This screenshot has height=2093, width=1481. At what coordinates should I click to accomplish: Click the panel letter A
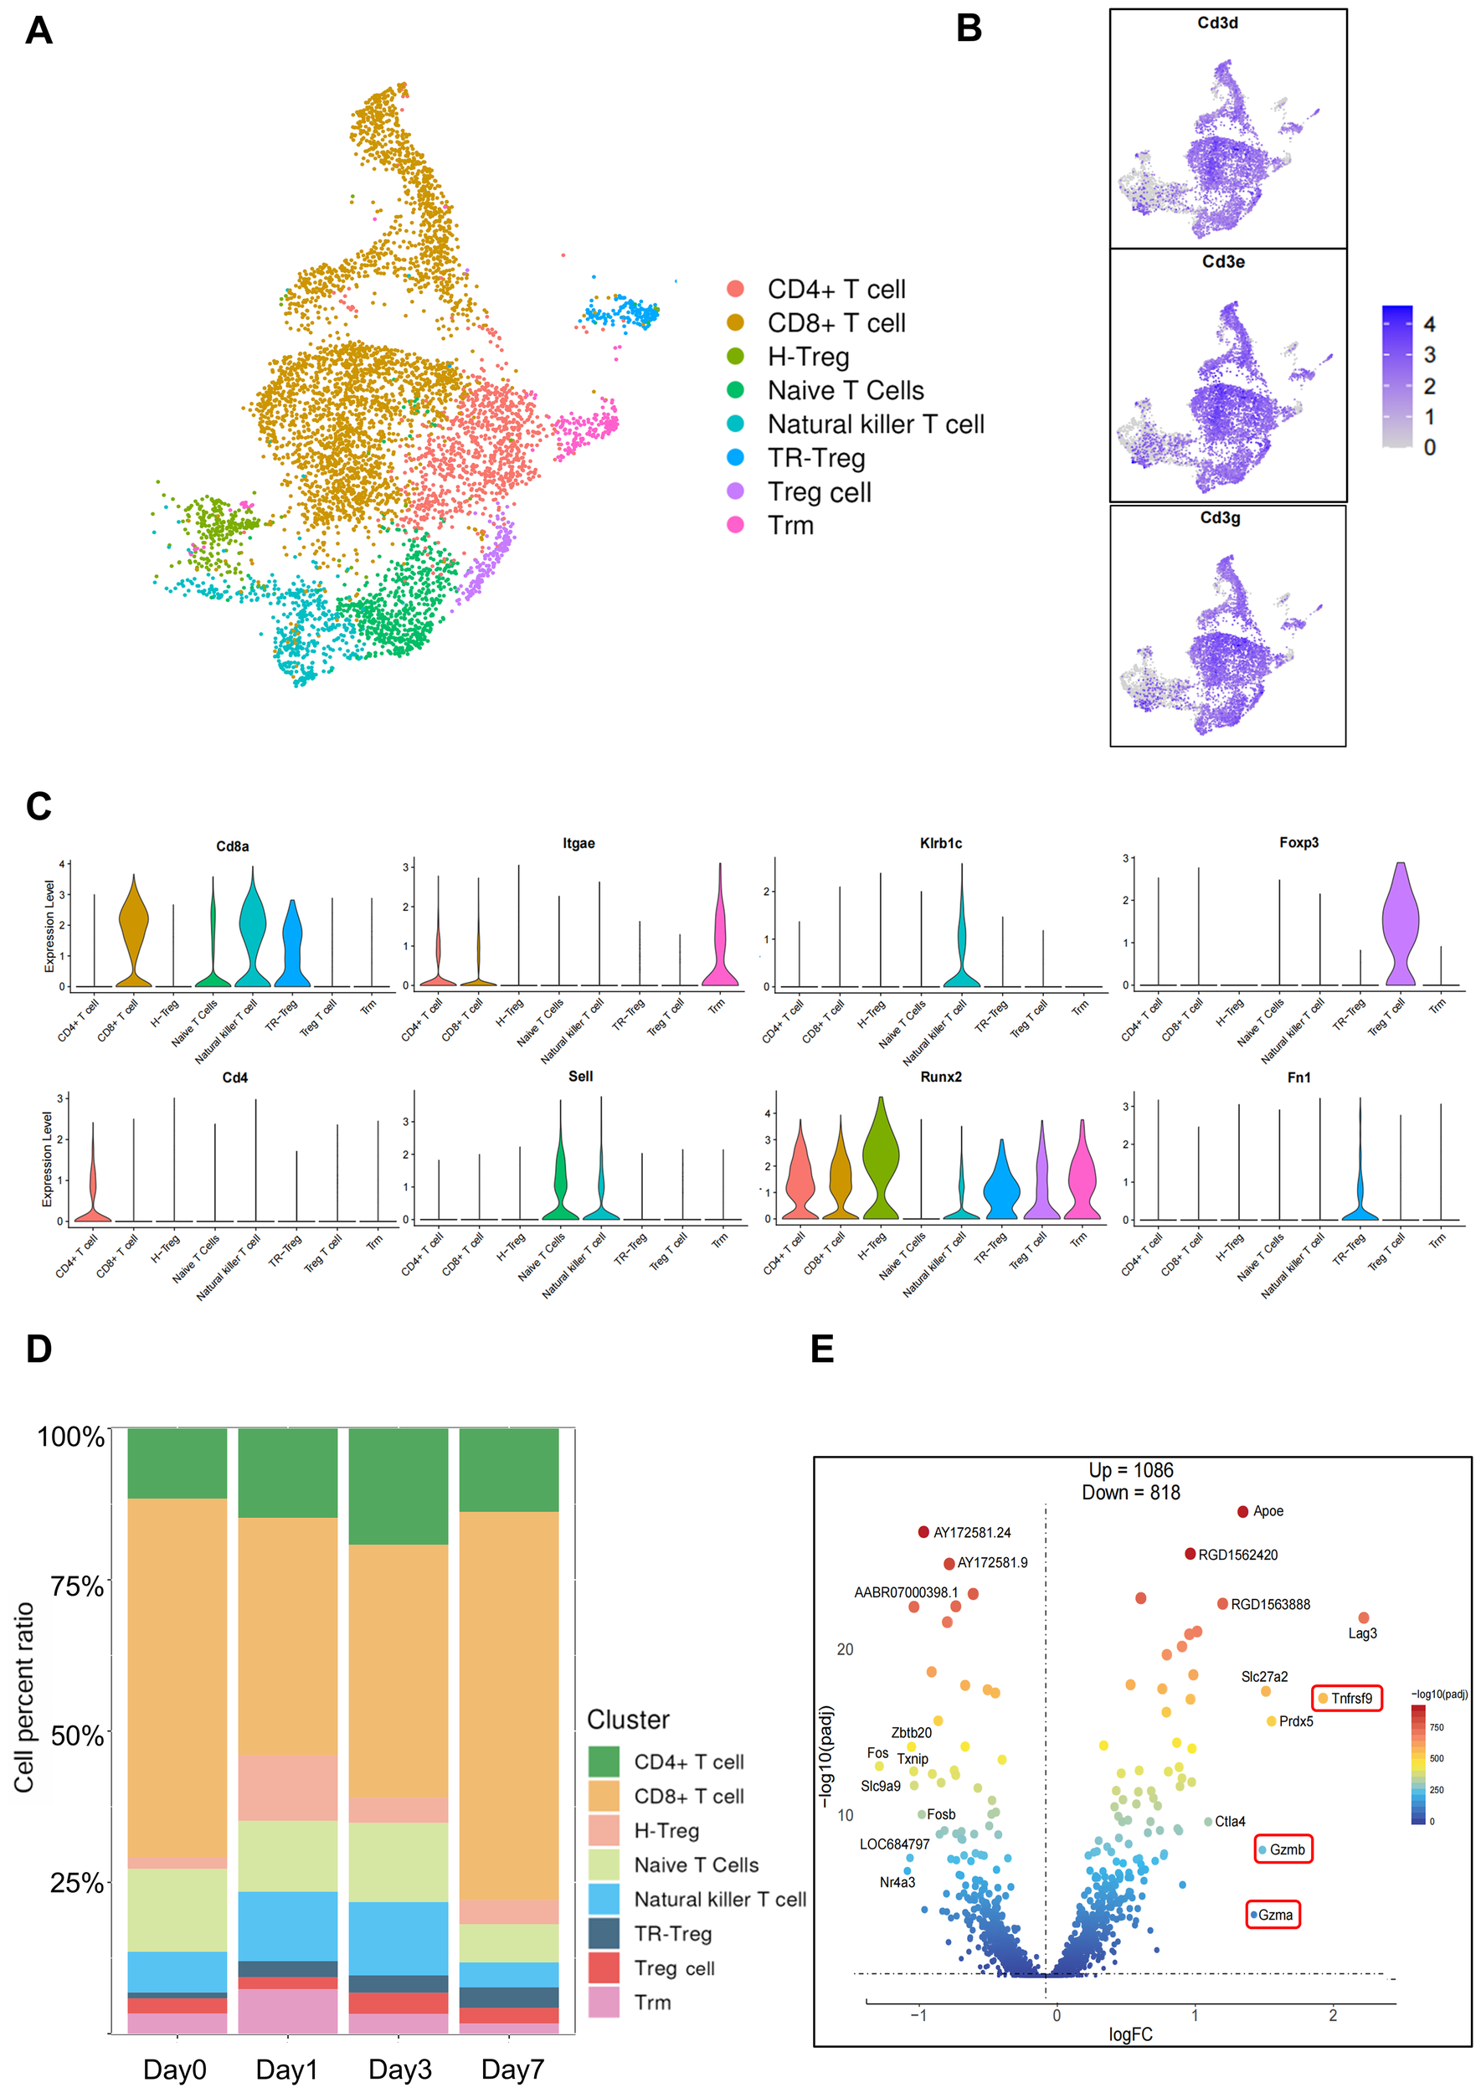[x=39, y=30]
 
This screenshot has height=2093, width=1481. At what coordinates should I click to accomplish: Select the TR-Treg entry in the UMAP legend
[x=815, y=458]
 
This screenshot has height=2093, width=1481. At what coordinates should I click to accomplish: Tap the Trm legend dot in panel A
[x=735, y=524]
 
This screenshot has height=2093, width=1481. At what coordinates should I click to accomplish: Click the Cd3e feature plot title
[x=1223, y=262]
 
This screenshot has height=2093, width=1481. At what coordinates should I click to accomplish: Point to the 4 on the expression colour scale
[x=1429, y=324]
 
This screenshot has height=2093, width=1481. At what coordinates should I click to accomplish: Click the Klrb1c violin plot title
[x=940, y=844]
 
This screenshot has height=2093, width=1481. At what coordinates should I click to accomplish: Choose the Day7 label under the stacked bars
[x=512, y=2069]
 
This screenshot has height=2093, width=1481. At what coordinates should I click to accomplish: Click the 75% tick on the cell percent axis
[x=78, y=1586]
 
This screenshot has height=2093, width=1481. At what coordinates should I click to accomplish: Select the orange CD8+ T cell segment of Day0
[x=177, y=1678]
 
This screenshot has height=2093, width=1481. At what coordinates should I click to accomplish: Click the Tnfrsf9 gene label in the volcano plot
[x=1350, y=1698]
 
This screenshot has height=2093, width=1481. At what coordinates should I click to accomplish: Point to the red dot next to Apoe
[x=1242, y=1511]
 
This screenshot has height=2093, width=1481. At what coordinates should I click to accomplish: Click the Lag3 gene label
[x=1361, y=1633]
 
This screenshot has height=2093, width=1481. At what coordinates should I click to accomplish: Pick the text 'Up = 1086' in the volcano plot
[x=1130, y=1470]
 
